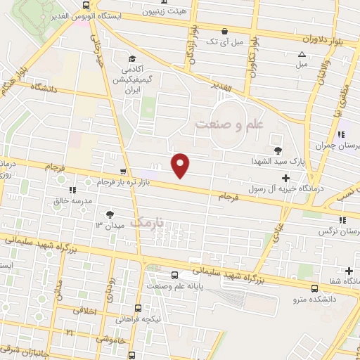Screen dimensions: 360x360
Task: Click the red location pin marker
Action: [181, 165]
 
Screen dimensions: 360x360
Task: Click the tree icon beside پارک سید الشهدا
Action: [278, 149]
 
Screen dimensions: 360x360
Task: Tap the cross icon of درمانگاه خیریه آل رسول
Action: [285, 179]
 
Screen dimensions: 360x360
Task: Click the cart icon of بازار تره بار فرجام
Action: [124, 172]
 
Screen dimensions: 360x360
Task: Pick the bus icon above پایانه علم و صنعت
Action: [174, 276]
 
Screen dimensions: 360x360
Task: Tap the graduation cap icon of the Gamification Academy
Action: [131, 59]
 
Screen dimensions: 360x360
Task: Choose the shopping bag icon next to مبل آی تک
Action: [224, 31]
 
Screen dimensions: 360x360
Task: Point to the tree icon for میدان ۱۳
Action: [109, 214]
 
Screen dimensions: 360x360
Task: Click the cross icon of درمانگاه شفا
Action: [349, 271]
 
